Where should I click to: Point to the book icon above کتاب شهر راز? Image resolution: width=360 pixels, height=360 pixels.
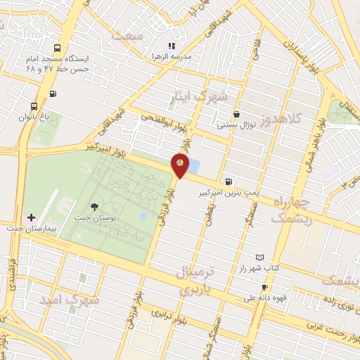pyautogui.click(x=260, y=257)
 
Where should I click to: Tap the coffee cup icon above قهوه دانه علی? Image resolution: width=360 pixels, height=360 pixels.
pyautogui.click(x=264, y=287)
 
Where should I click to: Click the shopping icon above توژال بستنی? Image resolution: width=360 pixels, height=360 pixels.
pyautogui.click(x=237, y=114)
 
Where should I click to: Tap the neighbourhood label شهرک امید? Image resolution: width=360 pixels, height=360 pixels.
pyautogui.click(x=70, y=300)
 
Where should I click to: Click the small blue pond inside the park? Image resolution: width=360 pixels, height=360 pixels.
pyautogui.click(x=143, y=216)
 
